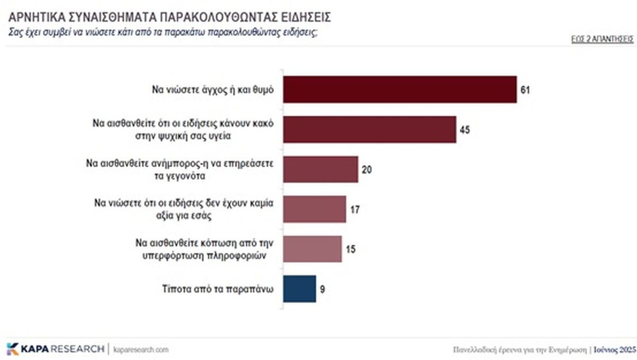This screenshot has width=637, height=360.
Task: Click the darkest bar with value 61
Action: pos(400,89)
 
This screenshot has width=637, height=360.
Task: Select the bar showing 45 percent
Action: pos(369,130)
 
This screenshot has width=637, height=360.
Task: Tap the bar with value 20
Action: pos(321,169)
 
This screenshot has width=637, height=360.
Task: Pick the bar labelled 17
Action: pos(314,209)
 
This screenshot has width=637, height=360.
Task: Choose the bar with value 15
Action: pos(312,249)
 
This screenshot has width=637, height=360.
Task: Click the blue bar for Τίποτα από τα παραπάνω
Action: pos(299,289)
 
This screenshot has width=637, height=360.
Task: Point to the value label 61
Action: pos(525,90)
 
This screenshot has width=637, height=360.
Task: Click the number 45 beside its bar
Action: pos(464,130)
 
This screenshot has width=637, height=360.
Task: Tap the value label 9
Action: pos(322,289)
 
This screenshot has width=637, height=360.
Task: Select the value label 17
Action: pos(355,209)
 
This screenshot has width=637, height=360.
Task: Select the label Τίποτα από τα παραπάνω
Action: pos(217,289)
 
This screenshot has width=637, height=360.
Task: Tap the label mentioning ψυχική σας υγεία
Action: pos(183,130)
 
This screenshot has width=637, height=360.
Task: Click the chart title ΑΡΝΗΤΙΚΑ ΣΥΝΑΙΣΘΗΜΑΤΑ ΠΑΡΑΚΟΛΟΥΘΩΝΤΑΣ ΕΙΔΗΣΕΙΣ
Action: pos(170,17)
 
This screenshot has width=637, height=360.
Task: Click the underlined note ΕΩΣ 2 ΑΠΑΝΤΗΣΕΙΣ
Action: pos(602,39)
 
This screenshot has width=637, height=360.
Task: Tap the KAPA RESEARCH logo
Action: pos(55,349)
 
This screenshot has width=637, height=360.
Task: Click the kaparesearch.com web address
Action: pos(141,349)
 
